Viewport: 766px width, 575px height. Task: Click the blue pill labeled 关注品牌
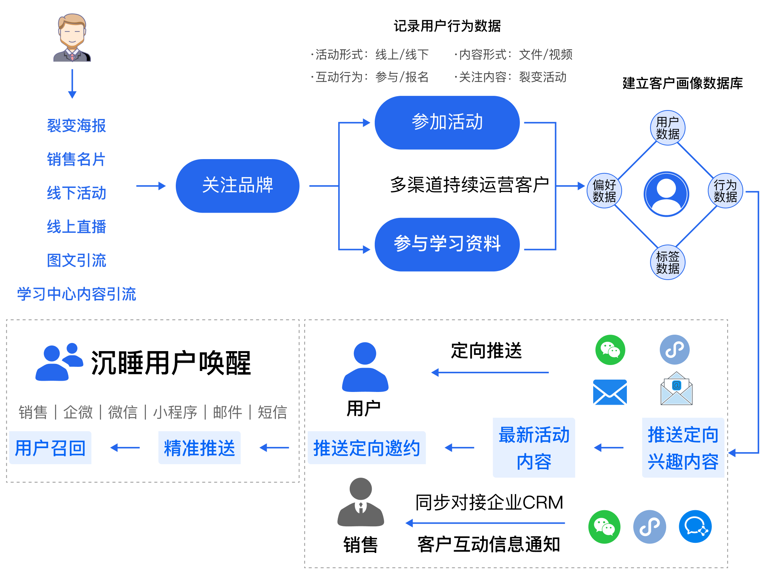238,186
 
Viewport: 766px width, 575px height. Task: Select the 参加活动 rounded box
447,122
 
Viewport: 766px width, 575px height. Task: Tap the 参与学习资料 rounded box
447,244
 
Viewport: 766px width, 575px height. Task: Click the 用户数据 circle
668,128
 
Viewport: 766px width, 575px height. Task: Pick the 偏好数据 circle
604,191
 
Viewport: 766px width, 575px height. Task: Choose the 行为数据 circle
725,191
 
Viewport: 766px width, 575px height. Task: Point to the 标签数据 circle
668,262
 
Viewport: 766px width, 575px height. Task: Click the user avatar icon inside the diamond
667,194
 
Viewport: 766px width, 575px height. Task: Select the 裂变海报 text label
77,126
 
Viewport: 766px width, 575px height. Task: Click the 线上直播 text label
77,227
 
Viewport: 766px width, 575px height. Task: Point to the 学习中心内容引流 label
77,294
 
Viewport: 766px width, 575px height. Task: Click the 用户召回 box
50,448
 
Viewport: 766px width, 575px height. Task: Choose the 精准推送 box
199,448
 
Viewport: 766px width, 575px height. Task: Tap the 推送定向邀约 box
367,448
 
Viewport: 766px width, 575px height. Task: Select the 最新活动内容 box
534,448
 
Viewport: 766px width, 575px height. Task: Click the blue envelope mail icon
610,392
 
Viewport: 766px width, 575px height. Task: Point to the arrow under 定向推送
490,372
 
